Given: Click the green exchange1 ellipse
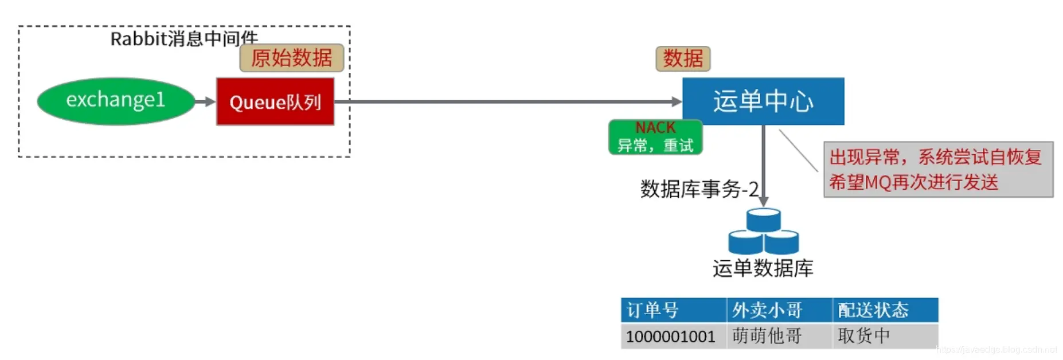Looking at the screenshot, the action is coord(115,101).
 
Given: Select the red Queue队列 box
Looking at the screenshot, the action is coord(275,101).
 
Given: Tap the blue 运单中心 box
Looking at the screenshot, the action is coord(763,101).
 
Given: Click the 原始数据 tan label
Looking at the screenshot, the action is coord(291,58).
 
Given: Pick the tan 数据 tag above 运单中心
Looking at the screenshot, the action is coord(682,58).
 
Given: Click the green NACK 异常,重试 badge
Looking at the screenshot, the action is coord(655,137).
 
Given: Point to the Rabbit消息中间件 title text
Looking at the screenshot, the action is coord(183,38).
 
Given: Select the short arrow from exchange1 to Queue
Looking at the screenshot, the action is coord(205,101).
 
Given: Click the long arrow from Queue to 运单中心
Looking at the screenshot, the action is coord(505,101).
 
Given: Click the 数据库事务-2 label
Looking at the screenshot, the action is coord(699,189).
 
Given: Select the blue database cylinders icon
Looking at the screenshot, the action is coord(763,232).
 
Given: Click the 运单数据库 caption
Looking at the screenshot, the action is coord(763,268).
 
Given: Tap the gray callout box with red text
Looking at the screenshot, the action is coord(938,170).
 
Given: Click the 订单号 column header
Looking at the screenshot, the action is coord(673,310).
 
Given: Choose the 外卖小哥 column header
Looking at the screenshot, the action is coord(779,310).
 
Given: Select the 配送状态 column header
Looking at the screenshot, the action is coord(885,310).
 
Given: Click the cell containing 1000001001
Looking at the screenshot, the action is coord(673,336).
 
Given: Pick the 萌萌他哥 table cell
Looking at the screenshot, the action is coord(779,336).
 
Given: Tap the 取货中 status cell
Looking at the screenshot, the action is coord(885,336).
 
